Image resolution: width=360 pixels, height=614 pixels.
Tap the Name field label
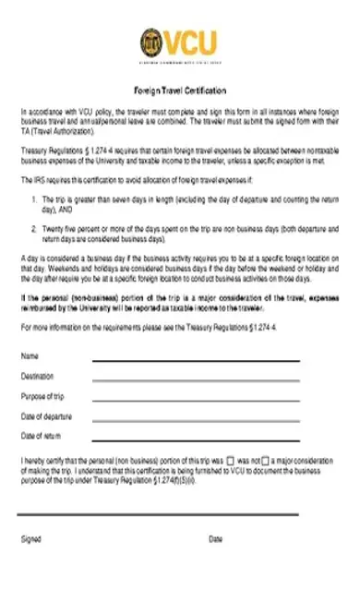coord(30,355)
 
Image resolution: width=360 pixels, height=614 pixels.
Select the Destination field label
coord(37,376)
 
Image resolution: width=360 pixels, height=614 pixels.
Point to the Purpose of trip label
coord(42,395)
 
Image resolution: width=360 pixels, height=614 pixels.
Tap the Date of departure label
coord(45,415)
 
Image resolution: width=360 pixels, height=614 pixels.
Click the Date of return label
coord(41,435)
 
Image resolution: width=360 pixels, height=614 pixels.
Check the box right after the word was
coord(230,460)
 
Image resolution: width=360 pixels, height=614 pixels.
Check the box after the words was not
coord(266,460)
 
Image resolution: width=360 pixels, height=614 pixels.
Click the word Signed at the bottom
coord(30,539)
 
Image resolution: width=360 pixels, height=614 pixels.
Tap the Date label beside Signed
coord(215,539)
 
